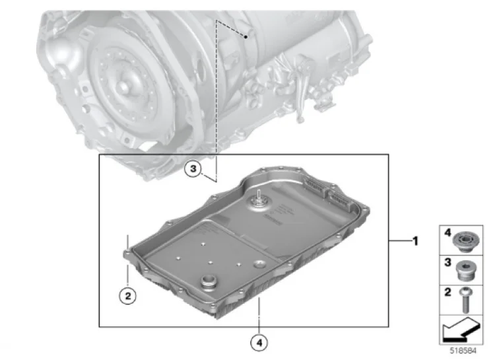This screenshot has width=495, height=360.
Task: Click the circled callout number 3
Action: pos(193,169)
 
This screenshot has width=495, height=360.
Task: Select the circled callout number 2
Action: pos(127,296)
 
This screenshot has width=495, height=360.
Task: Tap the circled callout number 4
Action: pos(259,342)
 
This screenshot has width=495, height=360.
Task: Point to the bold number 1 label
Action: pos(415,241)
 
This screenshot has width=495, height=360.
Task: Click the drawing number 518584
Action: pos(463,351)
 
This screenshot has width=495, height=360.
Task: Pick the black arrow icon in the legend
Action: pos(461,330)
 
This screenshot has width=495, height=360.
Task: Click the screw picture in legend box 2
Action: pos(466,301)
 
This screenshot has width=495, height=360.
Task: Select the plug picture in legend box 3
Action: pos(466,271)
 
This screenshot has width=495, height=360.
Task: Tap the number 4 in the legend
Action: pos(447,233)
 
